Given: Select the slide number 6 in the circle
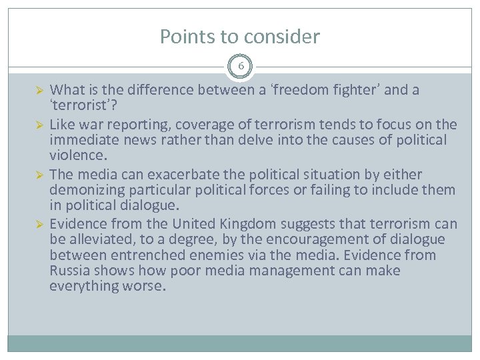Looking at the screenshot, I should pos(240,66).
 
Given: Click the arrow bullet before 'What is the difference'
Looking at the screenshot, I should pos(39,90).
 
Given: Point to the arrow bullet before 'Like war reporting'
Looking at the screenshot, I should pos(39,125).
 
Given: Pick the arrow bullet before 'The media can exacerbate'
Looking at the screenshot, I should pos(39,175).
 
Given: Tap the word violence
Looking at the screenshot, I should pos(76,156).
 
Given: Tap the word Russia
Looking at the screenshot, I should pos(69,271).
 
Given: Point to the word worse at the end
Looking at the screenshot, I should pos(143,286).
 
